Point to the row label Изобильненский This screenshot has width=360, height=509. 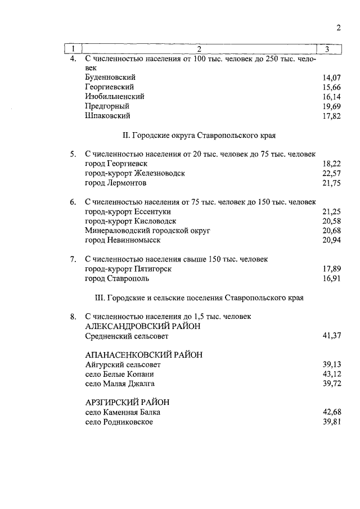pyautogui.click(x=114, y=96)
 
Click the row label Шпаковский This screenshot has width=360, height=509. pyautogui.click(x=107, y=116)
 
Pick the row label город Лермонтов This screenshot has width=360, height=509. pyautogui.click(x=116, y=183)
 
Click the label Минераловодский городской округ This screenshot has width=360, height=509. pyautogui.click(x=147, y=231)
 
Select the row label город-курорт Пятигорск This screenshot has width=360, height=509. pyautogui.click(x=128, y=269)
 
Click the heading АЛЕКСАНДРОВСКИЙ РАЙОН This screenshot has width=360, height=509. pyautogui.click(x=143, y=327)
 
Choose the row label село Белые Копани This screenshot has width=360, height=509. pyautogui.click(x=119, y=374)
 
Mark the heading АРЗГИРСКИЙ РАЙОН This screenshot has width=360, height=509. pyautogui.click(x=127, y=403)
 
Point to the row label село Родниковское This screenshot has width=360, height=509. pyautogui.click(x=119, y=422)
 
